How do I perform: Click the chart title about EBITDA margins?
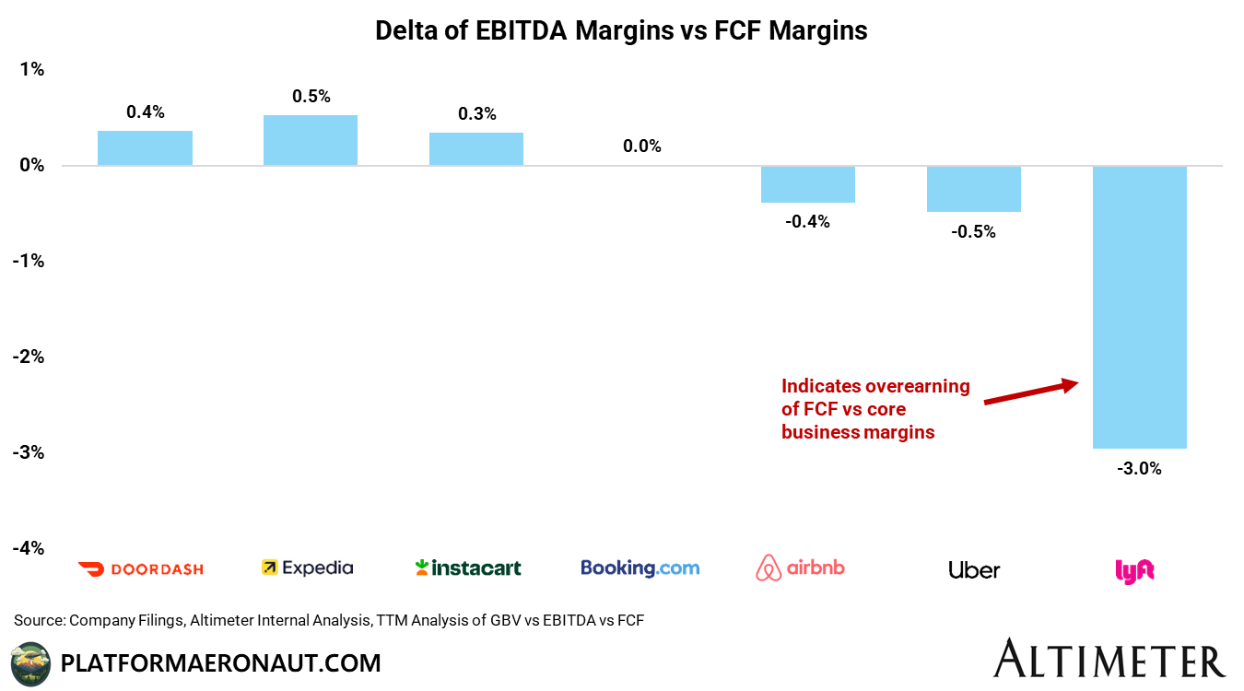pyautogui.click(x=621, y=30)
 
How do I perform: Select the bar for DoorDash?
pyautogui.click(x=145, y=148)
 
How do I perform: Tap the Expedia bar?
pyautogui.click(x=310, y=140)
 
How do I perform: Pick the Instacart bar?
pyautogui.click(x=476, y=149)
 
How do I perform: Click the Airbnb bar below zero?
pyautogui.click(x=808, y=184)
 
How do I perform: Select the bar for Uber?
pyautogui.click(x=974, y=189)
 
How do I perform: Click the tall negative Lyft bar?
pyautogui.click(x=1140, y=307)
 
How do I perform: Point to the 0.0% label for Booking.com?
pyautogui.click(x=641, y=146)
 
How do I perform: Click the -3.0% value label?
pyautogui.click(x=1140, y=468)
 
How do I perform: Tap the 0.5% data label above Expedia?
pyautogui.click(x=311, y=96)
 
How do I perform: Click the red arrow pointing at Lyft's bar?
pyautogui.click(x=1030, y=392)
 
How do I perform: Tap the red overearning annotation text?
pyautogui.click(x=874, y=409)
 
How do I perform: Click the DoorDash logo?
pyautogui.click(x=141, y=568)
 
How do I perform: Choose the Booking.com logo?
pyautogui.click(x=640, y=568)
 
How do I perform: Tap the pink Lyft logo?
pyautogui.click(x=1134, y=570)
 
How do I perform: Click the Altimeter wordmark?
pyautogui.click(x=1109, y=660)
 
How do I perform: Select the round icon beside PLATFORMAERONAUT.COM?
pyautogui.click(x=30, y=663)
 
